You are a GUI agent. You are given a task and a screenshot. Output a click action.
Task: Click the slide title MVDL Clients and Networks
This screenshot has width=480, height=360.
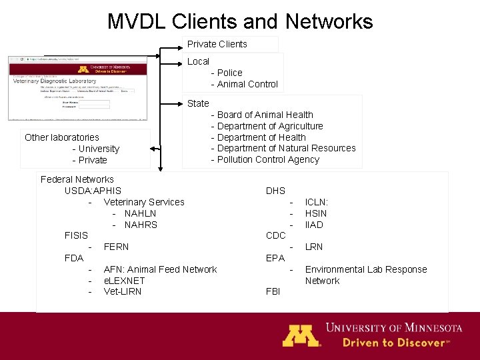click(x=240, y=21)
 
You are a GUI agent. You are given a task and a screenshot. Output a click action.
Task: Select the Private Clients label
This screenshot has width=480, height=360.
click(x=217, y=44)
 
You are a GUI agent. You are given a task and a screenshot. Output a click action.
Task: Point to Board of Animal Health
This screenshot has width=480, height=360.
click(x=265, y=115)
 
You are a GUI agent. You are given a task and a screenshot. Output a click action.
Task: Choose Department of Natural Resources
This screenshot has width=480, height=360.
click(x=287, y=148)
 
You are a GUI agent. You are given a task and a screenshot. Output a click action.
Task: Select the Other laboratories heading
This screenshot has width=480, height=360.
click(x=62, y=137)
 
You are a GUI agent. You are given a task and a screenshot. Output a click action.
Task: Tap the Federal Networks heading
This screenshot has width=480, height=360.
click(x=77, y=179)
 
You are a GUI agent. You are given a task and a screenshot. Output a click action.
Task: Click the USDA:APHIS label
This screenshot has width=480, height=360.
click(x=93, y=191)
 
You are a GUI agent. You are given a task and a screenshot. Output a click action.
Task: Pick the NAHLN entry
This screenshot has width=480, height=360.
click(x=140, y=213)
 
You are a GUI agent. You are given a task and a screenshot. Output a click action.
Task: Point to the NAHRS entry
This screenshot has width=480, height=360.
click(x=141, y=225)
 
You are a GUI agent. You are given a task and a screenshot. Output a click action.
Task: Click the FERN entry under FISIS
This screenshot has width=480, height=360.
click(x=117, y=247)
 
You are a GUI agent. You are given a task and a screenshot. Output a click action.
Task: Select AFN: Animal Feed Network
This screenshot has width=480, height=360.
click(x=160, y=269)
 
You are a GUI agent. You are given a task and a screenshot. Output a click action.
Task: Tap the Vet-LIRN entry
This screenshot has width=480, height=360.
click(x=123, y=291)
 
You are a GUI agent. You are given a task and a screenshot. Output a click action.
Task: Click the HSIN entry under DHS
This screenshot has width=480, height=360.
click(x=316, y=213)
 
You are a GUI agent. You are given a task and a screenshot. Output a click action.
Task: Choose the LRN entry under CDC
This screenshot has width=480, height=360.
click(x=314, y=247)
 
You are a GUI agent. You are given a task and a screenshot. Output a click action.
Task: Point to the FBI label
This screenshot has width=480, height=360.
click(x=273, y=291)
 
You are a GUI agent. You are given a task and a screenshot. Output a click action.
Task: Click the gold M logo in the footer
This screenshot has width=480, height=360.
click(x=301, y=335)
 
